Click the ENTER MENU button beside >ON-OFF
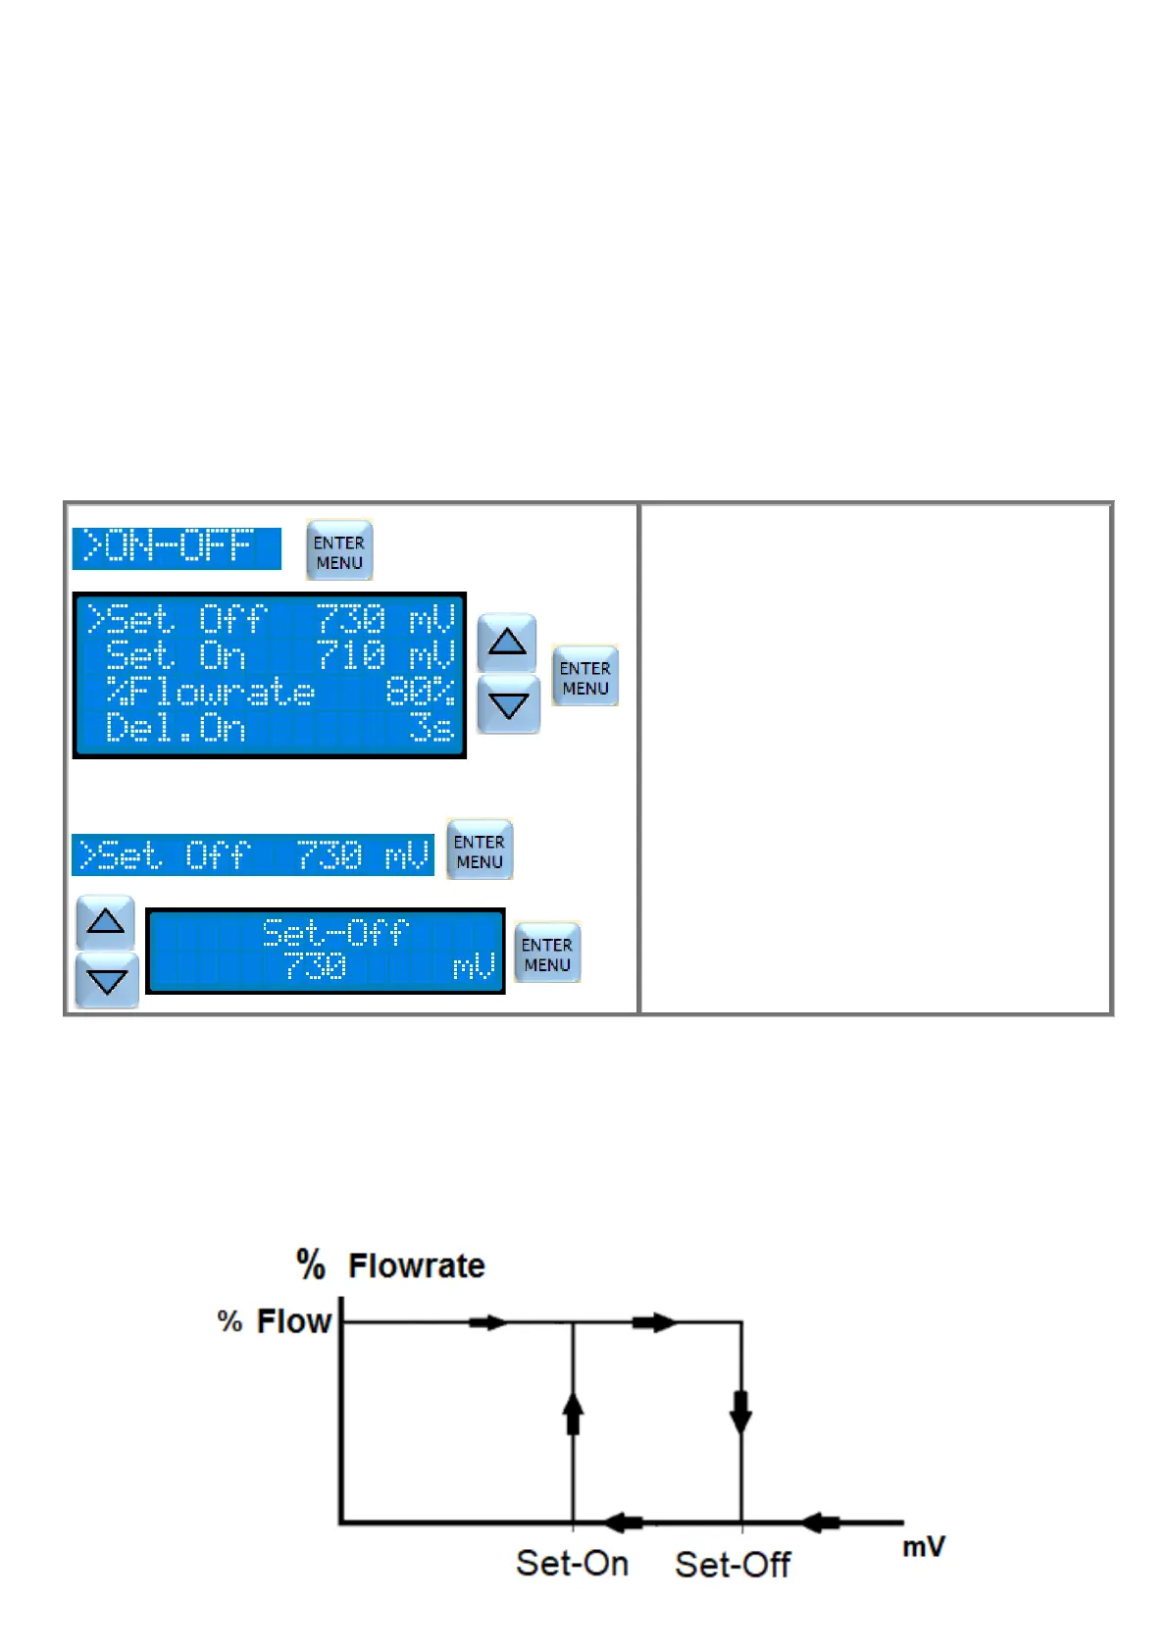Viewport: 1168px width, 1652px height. (339, 551)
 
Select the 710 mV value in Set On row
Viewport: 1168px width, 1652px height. (385, 654)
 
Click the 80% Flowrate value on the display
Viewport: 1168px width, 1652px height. (420, 692)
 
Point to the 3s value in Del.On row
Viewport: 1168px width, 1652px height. (432, 729)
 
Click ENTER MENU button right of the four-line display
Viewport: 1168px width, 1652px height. (585, 677)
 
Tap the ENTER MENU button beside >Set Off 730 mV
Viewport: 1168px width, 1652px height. (480, 851)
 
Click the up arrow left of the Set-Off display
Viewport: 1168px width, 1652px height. (106, 922)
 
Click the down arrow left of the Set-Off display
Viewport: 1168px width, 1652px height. (106, 981)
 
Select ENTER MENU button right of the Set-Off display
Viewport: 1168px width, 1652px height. (547, 954)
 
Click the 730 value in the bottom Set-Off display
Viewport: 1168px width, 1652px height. (316, 967)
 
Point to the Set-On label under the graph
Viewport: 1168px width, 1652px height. (573, 1563)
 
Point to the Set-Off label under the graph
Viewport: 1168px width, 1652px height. (733, 1564)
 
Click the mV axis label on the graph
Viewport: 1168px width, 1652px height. (923, 1547)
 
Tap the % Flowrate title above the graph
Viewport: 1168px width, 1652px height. (391, 1265)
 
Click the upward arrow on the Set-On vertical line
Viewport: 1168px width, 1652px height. (574, 1413)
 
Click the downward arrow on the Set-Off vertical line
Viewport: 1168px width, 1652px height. (741, 1413)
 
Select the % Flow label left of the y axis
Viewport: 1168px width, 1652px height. (275, 1321)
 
